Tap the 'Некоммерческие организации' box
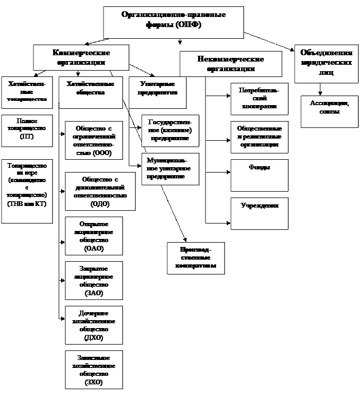pos(230,64)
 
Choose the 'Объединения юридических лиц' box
pos(326,63)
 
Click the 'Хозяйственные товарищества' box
pos(27,92)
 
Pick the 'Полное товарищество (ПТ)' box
pos(27,130)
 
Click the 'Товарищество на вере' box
pos(27,190)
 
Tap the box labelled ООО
pos(93,141)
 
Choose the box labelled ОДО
pos(93,191)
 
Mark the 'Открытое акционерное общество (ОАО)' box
pos(93,236)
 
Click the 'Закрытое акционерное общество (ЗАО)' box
pos(93,280)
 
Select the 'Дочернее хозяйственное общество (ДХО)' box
pos(93,325)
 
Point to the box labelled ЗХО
pos(93,370)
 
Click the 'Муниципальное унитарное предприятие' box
pos(170,169)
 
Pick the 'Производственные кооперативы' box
pos(195,258)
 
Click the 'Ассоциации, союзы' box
pos(329,111)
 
